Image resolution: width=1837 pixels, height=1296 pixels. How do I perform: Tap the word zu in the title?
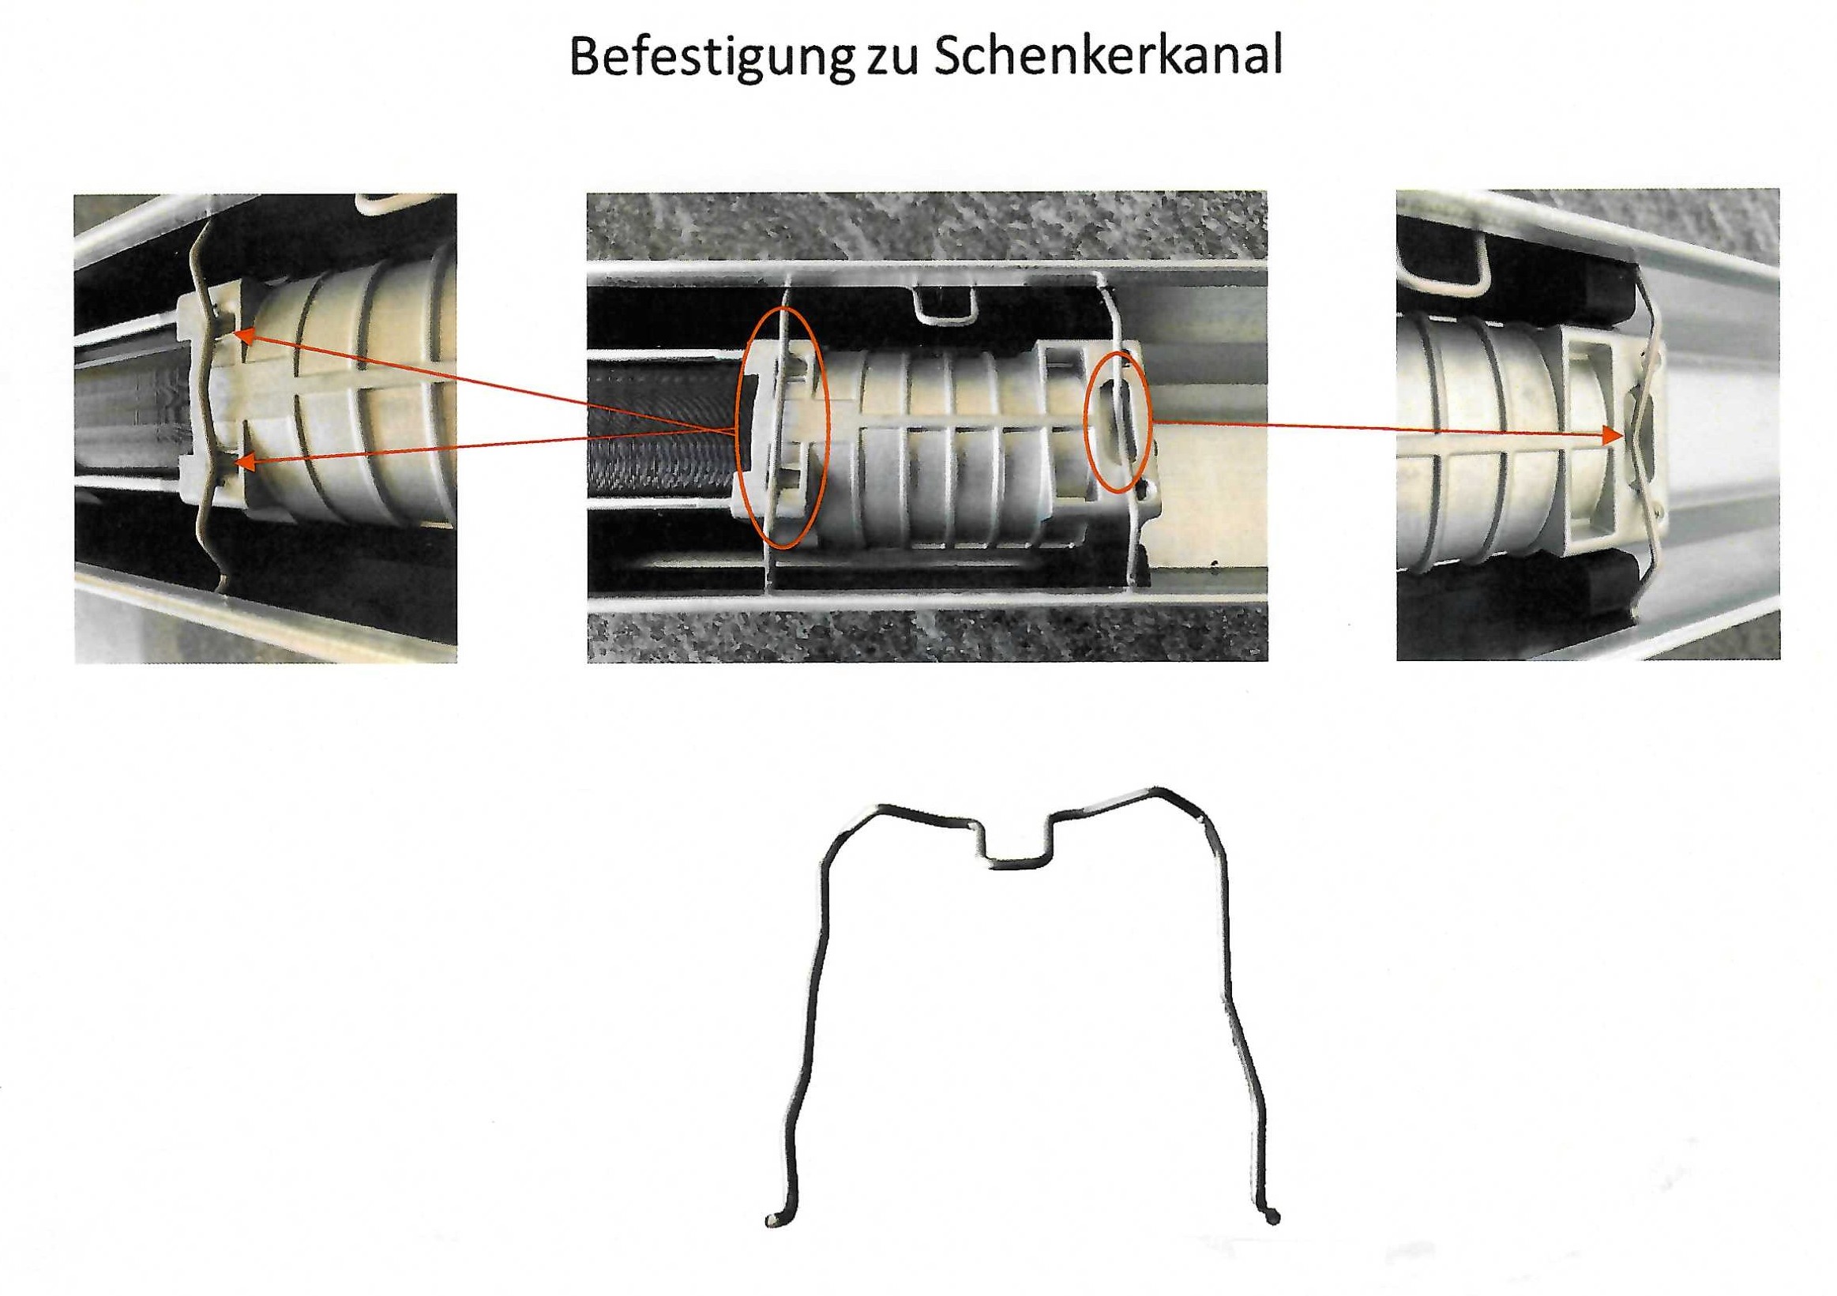(x=890, y=60)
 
